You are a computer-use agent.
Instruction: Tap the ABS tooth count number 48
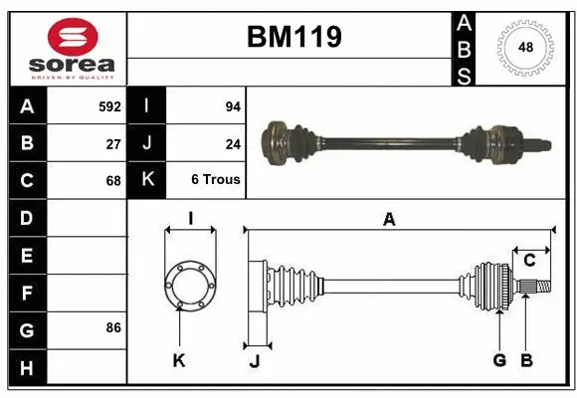[524, 47]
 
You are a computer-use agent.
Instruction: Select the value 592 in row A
[109, 106]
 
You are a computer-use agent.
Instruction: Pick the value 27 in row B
[113, 143]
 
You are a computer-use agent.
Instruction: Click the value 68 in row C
[113, 181]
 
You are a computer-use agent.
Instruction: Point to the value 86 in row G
[113, 328]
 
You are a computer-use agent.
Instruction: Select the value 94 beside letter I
[233, 106]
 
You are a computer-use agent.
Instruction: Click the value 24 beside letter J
[233, 143]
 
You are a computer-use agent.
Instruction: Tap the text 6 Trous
[216, 181]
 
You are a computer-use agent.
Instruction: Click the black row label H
[26, 369]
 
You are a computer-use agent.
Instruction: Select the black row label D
[26, 218]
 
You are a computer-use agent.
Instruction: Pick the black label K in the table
[147, 180]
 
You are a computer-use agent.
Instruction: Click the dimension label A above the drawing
[389, 220]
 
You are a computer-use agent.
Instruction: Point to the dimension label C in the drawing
[529, 261]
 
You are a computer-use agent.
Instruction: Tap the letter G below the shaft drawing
[499, 360]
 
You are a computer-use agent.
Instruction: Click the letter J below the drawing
[255, 361]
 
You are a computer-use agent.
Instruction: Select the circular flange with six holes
[189, 283]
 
